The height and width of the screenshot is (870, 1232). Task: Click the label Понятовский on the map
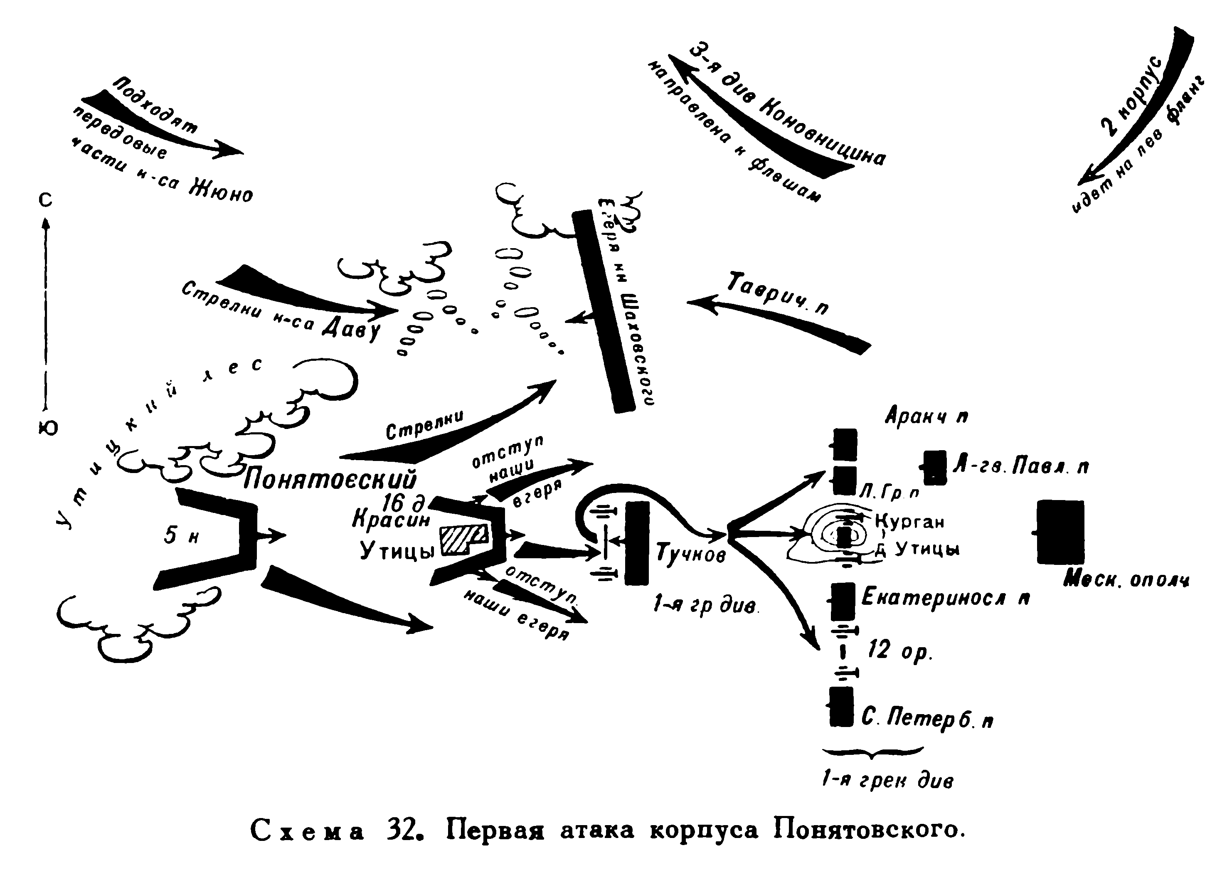pyautogui.click(x=330, y=479)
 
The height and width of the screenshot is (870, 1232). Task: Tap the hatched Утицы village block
pyautogui.click(x=463, y=540)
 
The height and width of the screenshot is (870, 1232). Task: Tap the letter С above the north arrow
pyautogui.click(x=46, y=200)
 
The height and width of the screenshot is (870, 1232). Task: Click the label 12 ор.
pyautogui.click(x=900, y=651)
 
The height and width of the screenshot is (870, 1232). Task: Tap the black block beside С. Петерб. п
pyautogui.click(x=841, y=706)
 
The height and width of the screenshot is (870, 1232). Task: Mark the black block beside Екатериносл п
pyautogui.click(x=843, y=601)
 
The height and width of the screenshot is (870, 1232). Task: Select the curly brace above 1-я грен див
pyautogui.click(x=873, y=752)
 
